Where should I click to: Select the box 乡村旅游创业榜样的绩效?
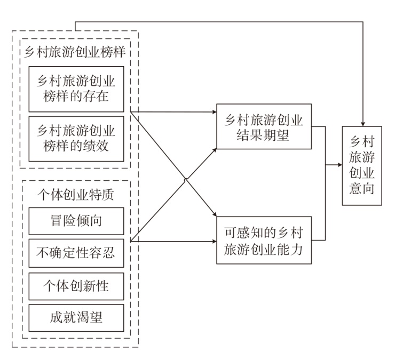coord(76,138)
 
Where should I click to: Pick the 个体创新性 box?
coord(76,286)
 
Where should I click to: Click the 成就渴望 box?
coord(76,318)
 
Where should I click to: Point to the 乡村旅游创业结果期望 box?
coord(263,126)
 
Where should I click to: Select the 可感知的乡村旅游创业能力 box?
coord(263,240)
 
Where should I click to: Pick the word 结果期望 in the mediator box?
coord(263,135)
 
